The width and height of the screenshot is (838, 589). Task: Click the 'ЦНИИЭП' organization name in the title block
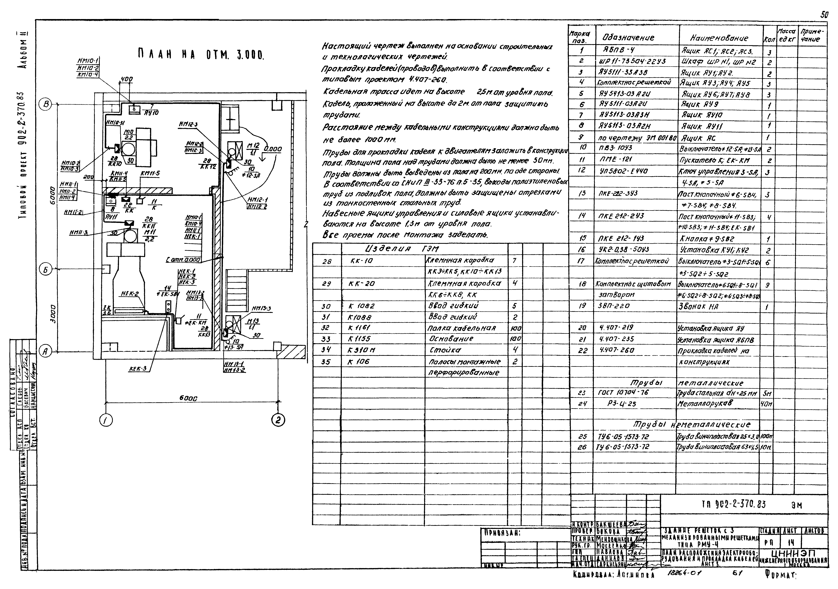point(794,552)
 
